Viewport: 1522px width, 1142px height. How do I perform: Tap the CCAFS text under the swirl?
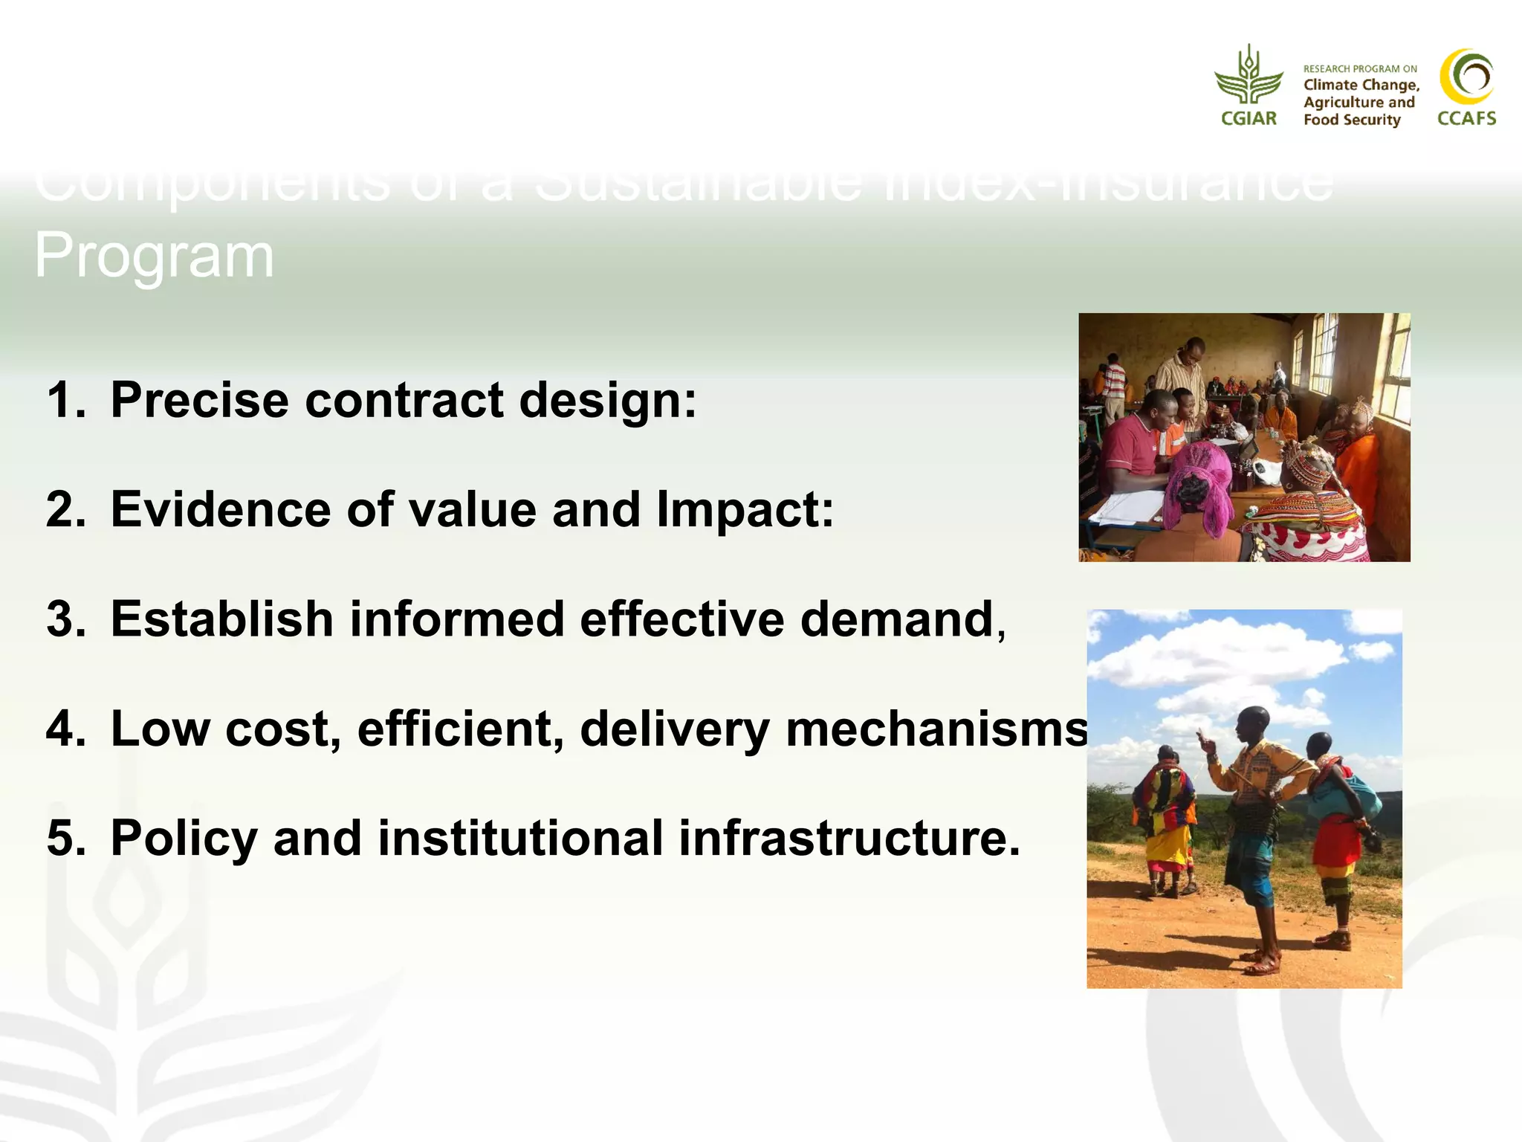pyautogui.click(x=1466, y=118)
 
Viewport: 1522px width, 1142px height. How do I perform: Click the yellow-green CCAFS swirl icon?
pyautogui.click(x=1466, y=77)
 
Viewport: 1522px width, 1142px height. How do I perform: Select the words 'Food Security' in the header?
pyautogui.click(x=1351, y=120)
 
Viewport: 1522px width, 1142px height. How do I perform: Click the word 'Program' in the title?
pyautogui.click(x=155, y=256)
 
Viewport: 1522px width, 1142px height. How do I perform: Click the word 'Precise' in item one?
pyautogui.click(x=199, y=400)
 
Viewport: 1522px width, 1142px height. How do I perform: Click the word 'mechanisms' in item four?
pyautogui.click(x=936, y=729)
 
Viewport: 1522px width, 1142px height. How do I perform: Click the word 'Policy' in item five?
pyautogui.click(x=184, y=838)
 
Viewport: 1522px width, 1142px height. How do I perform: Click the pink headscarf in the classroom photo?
pyautogui.click(x=1196, y=483)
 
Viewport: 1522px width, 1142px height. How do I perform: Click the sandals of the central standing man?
pyautogui.click(x=1263, y=963)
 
